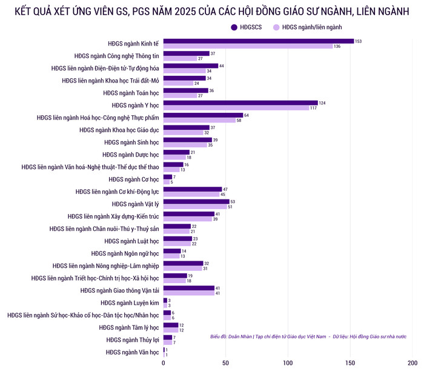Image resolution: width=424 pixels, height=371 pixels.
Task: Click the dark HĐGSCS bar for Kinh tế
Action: (258, 41)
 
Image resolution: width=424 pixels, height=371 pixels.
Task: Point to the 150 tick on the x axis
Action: (350, 363)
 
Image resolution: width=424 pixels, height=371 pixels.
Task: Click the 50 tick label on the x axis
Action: (225, 363)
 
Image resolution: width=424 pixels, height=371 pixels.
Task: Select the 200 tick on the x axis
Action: (412, 363)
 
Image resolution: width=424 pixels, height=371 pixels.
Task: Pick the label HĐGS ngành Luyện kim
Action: (130, 302)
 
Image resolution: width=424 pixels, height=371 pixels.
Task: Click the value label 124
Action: (323, 103)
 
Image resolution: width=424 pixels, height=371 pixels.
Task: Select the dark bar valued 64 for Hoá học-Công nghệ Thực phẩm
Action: (203, 115)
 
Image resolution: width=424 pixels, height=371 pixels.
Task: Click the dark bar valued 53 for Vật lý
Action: (196, 201)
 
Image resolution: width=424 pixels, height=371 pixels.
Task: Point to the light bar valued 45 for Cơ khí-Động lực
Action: (191, 195)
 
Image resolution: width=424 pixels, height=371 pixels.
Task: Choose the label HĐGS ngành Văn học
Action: (132, 352)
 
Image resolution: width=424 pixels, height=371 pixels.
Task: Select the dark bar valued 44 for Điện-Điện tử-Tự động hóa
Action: (191, 65)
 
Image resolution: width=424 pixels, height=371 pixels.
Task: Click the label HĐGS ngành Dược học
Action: (131, 155)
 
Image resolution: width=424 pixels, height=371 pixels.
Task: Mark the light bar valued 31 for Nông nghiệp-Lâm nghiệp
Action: (182, 269)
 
